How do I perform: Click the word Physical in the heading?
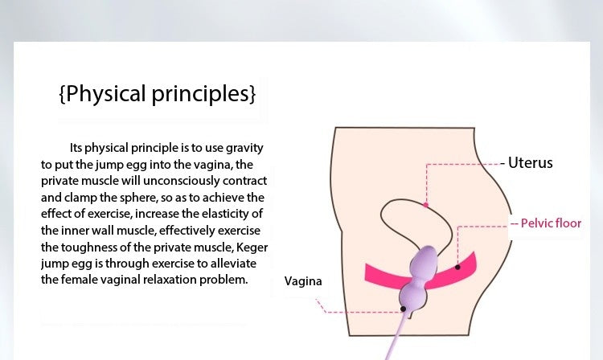pyautogui.click(x=106, y=94)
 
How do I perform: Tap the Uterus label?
pyautogui.click(x=531, y=163)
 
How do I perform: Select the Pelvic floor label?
pyautogui.click(x=551, y=223)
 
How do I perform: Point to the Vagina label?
pyautogui.click(x=303, y=281)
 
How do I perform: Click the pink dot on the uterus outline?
pyautogui.click(x=425, y=205)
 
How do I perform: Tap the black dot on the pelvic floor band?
pyautogui.click(x=457, y=267)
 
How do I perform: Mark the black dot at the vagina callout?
pyautogui.click(x=403, y=309)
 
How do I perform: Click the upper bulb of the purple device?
pyautogui.click(x=424, y=264)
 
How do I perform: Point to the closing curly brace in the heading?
pyautogui.click(x=252, y=94)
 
